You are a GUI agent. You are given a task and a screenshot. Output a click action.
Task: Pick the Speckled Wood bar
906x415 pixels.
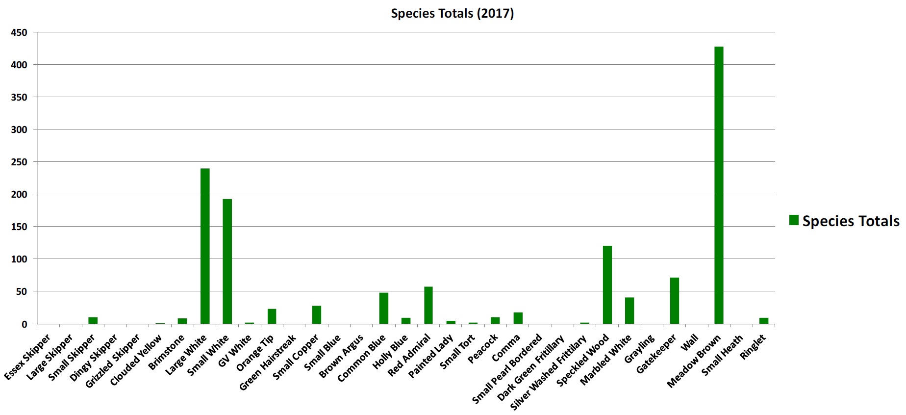point(607,285)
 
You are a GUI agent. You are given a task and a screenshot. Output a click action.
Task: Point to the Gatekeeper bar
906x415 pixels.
point(674,301)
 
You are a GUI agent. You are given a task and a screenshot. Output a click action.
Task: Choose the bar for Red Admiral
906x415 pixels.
point(428,305)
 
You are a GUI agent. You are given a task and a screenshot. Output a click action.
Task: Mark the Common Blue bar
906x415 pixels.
point(383,308)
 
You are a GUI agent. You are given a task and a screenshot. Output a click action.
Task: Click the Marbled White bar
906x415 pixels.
point(629,311)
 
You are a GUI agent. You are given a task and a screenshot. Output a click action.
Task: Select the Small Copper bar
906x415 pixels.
point(316,315)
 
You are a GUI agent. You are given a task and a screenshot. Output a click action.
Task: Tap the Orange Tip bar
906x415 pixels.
point(272,316)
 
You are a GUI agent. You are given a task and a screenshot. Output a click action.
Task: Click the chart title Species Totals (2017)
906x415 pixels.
point(452,13)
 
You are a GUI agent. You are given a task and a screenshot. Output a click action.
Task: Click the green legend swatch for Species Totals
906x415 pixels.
point(794,220)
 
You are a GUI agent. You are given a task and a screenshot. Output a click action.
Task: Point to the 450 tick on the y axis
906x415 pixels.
point(19,32)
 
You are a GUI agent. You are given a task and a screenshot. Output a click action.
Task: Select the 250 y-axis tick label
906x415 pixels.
point(19,162)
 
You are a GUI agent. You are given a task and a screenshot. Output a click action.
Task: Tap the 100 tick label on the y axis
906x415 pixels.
point(19,259)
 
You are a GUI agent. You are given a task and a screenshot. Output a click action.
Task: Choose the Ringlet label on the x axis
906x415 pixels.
point(753,347)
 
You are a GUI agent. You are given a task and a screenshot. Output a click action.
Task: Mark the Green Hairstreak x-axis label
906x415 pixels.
point(268,362)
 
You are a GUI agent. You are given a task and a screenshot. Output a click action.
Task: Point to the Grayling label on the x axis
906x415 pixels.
point(640,348)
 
